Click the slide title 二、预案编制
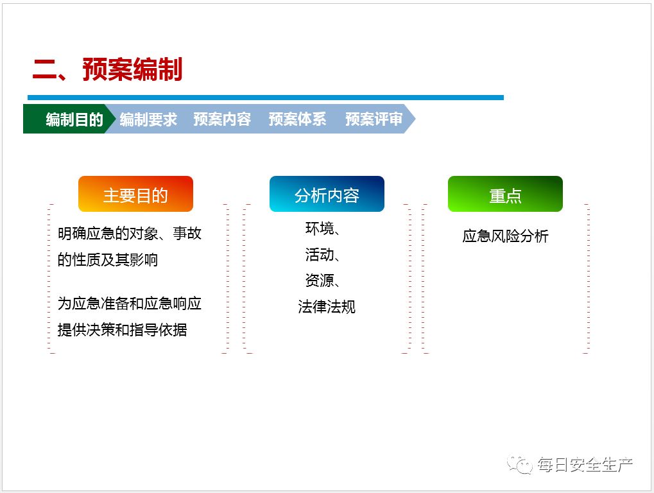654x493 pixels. [x=107, y=70]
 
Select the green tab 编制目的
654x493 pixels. [x=73, y=119]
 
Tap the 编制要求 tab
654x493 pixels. [x=148, y=119]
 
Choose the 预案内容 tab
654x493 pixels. [x=222, y=119]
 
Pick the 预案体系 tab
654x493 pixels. [x=297, y=119]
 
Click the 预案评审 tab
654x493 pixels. [x=374, y=119]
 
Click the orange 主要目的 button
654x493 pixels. [x=135, y=195]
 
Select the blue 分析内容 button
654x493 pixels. [x=327, y=195]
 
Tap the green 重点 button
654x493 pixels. [x=505, y=195]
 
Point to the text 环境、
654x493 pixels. [x=323, y=229]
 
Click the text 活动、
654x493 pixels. [x=323, y=255]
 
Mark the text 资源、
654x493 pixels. [x=323, y=281]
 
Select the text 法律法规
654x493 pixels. [x=326, y=307]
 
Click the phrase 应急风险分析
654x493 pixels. [x=505, y=236]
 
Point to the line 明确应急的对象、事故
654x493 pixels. [x=129, y=234]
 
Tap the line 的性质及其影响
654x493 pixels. [x=107, y=260]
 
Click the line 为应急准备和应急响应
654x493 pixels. [x=129, y=304]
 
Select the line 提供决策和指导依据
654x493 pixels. [x=122, y=330]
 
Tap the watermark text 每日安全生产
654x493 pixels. [x=585, y=465]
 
